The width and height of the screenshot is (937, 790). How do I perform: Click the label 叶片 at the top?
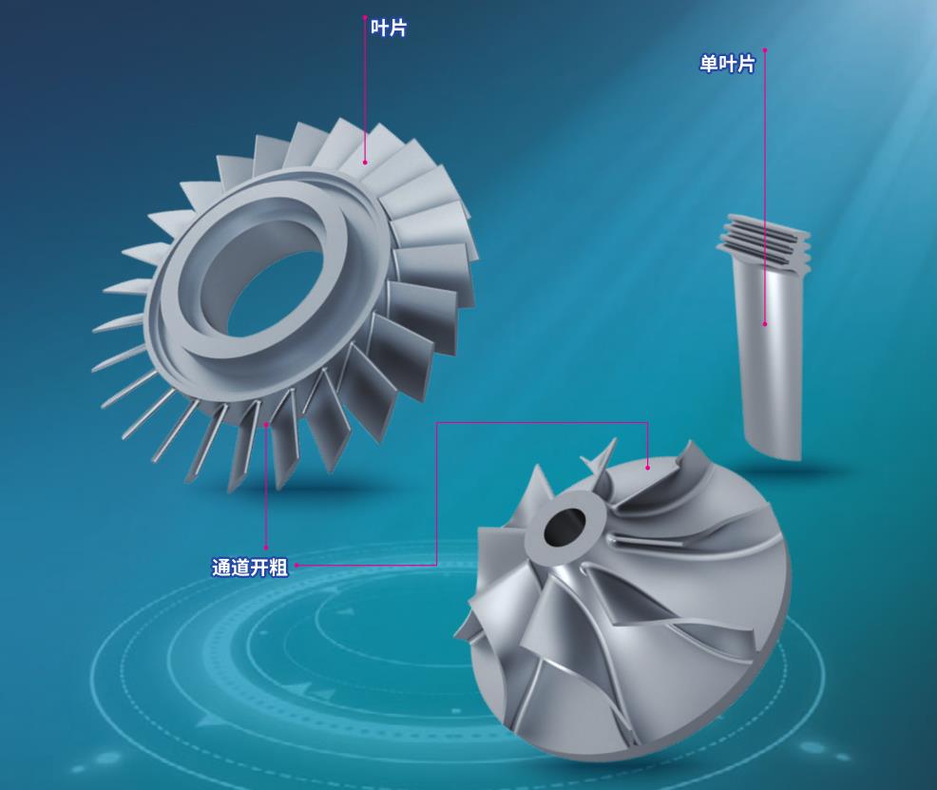coord(389,29)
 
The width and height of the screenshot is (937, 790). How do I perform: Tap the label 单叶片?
coord(727,64)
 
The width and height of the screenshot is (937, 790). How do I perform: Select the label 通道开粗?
coord(250,568)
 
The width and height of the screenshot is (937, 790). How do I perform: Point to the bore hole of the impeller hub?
coord(564,527)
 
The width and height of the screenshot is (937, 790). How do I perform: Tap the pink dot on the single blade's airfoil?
coord(765,324)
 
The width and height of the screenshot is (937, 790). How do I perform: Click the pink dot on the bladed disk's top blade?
coord(365,162)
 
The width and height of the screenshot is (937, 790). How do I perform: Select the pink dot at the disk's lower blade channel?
coord(266,424)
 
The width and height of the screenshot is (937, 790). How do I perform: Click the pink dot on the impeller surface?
coord(648,468)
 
